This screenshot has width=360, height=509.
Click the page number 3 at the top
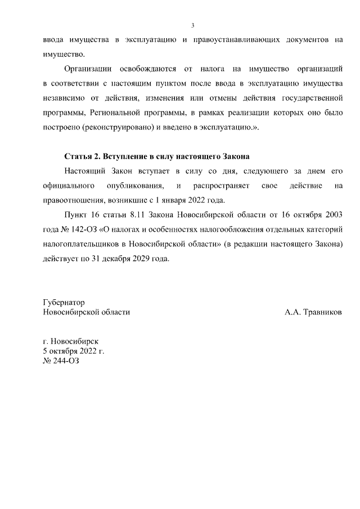tap(193, 26)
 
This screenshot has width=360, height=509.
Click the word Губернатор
tap(64, 303)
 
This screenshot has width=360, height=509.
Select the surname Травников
tap(322, 312)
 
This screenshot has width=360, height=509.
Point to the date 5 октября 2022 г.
tap(74, 351)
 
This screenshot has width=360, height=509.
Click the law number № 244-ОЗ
tap(61, 361)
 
